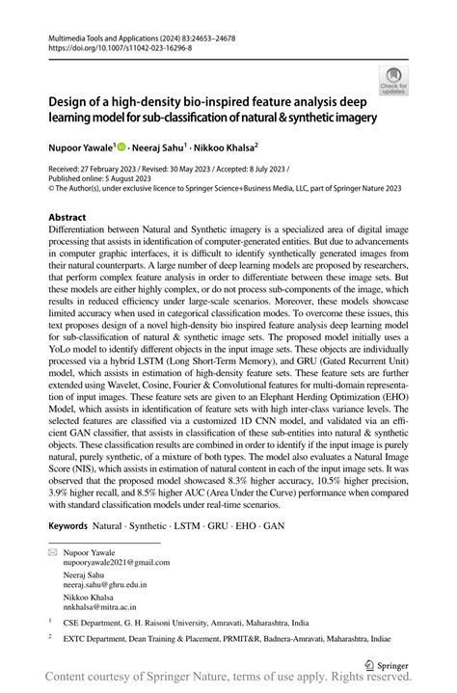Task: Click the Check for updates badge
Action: (393, 82)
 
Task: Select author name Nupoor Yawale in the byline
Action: (81, 150)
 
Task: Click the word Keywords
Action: (67, 527)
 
